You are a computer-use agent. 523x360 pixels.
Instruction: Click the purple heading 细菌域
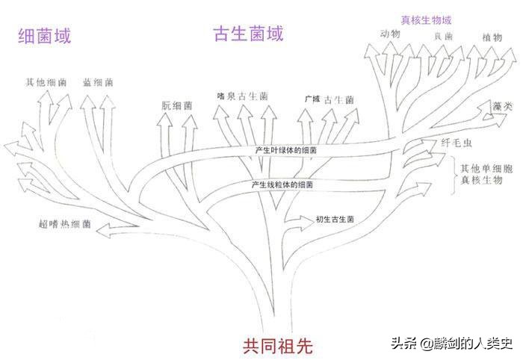click(x=45, y=35)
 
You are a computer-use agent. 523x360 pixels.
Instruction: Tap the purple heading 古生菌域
click(x=248, y=34)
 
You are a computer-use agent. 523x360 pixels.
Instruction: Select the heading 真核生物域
click(x=427, y=19)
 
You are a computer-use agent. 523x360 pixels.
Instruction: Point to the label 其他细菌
click(x=46, y=81)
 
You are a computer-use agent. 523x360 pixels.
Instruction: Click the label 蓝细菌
click(x=98, y=81)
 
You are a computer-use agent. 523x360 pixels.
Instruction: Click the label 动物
click(x=390, y=34)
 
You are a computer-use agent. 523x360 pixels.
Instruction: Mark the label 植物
click(x=492, y=36)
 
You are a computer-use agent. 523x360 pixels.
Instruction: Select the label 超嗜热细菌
click(x=65, y=223)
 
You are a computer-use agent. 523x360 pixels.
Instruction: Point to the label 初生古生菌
click(x=334, y=219)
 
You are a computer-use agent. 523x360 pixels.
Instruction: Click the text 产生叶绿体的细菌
click(x=285, y=150)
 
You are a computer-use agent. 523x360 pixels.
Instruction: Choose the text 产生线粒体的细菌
click(x=282, y=183)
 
